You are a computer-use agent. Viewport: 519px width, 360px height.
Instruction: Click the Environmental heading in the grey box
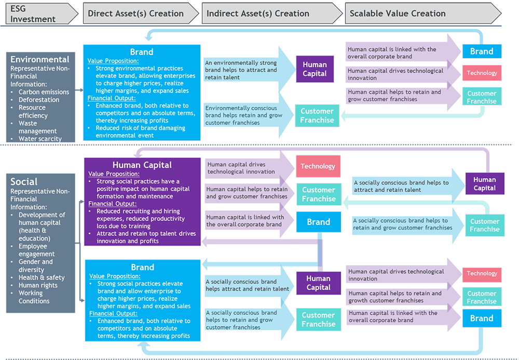[x=40, y=59]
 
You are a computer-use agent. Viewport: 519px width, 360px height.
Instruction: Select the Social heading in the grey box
[x=24, y=182]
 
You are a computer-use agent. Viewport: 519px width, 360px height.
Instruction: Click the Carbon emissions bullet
[x=44, y=92]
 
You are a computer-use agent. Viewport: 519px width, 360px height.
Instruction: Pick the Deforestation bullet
[x=39, y=100]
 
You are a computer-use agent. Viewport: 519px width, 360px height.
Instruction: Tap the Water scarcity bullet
[x=40, y=139]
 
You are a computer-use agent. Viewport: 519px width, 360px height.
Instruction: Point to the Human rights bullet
[x=38, y=285]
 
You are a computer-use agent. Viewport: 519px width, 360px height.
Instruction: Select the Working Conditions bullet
[x=34, y=297]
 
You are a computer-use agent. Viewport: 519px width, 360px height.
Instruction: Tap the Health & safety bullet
[x=42, y=277]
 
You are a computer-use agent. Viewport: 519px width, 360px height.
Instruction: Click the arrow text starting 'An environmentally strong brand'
[x=241, y=70]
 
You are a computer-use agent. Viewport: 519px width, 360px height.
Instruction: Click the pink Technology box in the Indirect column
[x=318, y=166]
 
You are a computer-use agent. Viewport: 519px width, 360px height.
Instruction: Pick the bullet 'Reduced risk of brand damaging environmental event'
[x=140, y=131]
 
